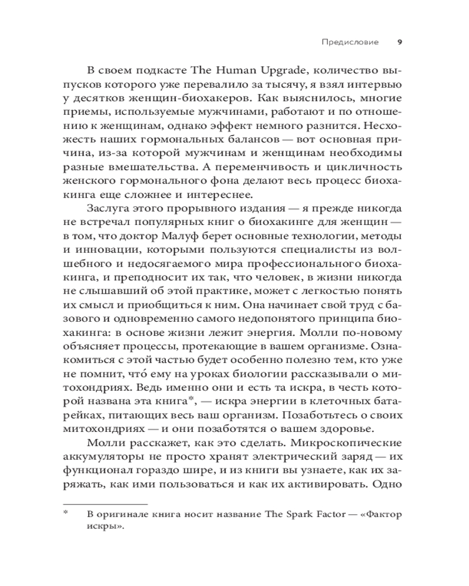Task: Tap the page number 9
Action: (400, 42)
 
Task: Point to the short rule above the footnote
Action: (105, 502)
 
